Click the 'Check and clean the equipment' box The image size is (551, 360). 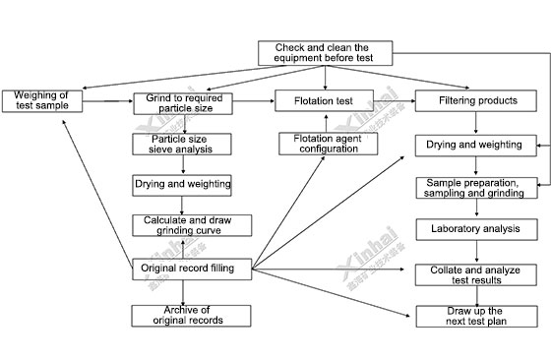[325, 53]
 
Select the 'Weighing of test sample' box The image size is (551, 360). [42, 101]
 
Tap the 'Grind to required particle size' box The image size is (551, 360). [183, 103]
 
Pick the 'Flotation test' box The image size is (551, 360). [324, 100]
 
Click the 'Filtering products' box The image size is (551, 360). [476, 101]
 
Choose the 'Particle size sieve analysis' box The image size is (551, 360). [182, 144]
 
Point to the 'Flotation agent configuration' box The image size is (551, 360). [329, 144]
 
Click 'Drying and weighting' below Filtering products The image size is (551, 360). [476, 146]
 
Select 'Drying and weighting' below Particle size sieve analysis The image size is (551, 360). [182, 185]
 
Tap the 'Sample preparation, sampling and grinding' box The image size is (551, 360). [476, 188]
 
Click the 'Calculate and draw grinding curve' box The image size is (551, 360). [192, 225]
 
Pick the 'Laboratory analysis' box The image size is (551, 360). [476, 230]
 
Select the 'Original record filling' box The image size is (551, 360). [192, 270]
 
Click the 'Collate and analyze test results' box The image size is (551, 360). [476, 275]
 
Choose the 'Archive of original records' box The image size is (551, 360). [191, 316]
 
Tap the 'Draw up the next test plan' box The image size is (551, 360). [476, 317]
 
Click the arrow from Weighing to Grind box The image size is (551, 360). [108, 101]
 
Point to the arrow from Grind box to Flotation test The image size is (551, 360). [254, 101]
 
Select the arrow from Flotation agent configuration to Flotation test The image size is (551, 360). [327, 123]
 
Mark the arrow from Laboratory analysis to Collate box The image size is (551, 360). [476, 252]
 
